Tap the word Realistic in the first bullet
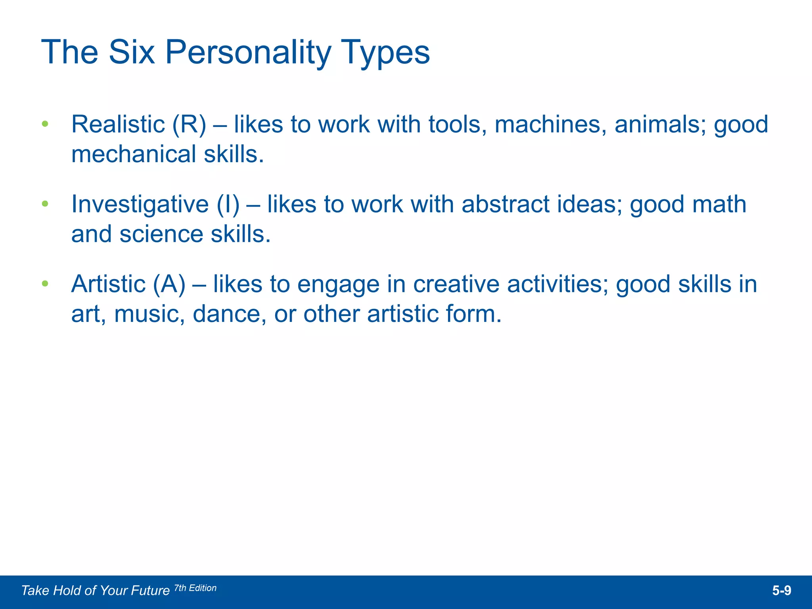click(118, 124)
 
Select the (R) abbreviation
click(189, 124)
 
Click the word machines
click(551, 124)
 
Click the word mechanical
click(134, 154)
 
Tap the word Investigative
click(140, 205)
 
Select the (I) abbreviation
click(228, 205)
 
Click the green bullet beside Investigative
click(45, 204)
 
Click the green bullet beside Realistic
click(45, 124)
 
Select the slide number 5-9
click(781, 591)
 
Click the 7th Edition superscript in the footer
click(195, 588)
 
